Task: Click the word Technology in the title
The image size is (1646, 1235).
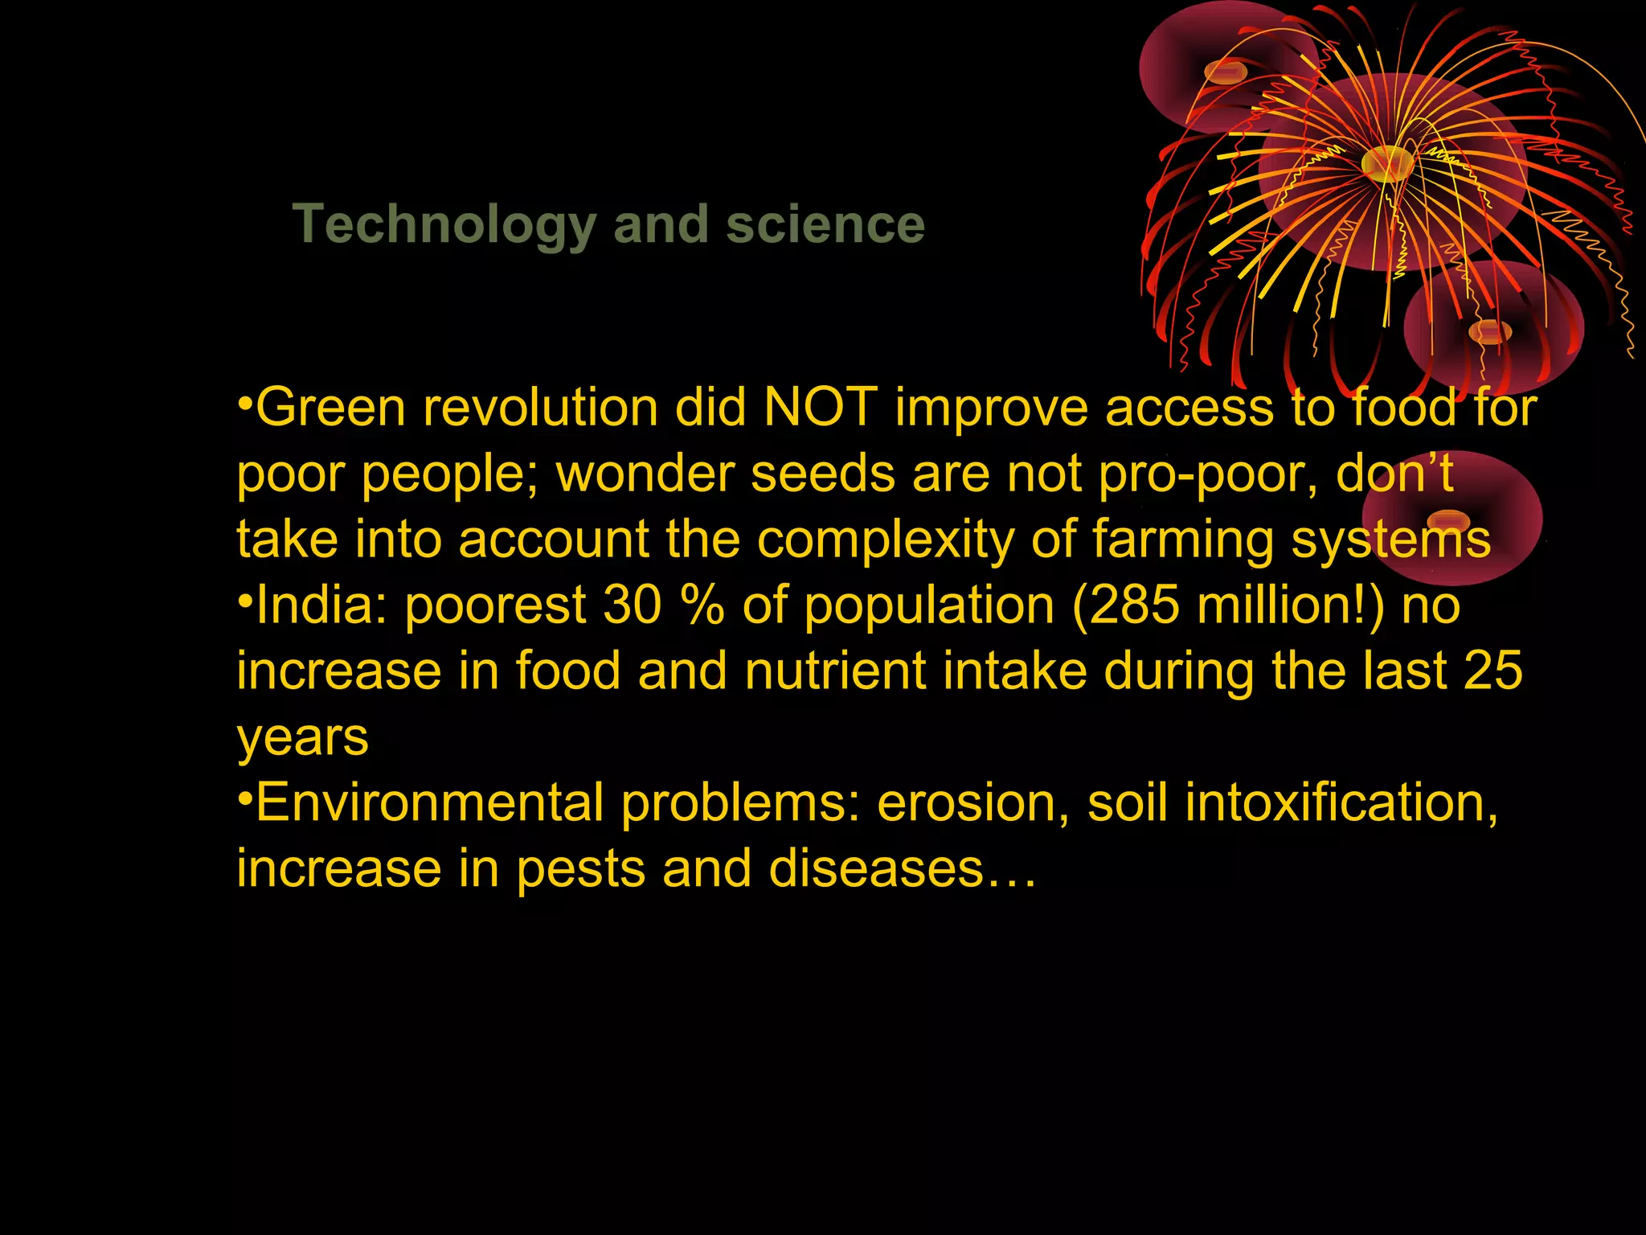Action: pos(444,225)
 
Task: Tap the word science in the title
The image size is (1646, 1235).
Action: pos(825,224)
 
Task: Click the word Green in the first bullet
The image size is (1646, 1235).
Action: pos(330,407)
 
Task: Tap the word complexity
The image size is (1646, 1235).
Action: pos(886,540)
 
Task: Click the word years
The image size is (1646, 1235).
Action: pos(302,738)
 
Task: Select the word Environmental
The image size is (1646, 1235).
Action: pos(429,802)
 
